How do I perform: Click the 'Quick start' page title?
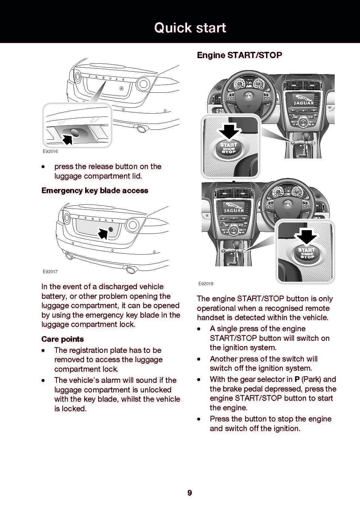[190, 28]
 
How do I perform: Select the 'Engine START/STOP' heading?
[239, 55]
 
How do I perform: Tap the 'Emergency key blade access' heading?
[95, 190]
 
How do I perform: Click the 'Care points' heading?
[63, 339]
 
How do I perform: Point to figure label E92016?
[50, 151]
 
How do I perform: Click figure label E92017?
[50, 272]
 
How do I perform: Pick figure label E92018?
[206, 283]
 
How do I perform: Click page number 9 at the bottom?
[190, 493]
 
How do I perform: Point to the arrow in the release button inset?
[67, 139]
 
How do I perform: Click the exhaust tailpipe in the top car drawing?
[142, 129]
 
